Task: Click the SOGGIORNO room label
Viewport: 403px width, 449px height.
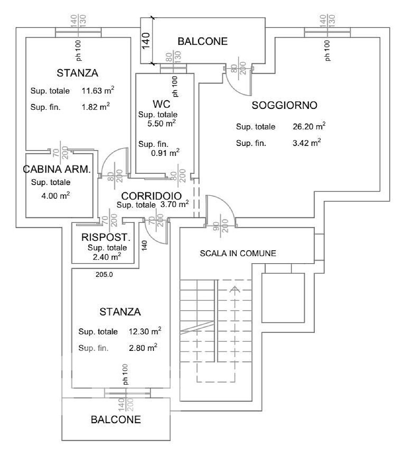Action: pos(284,105)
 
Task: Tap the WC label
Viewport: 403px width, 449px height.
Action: pos(161,104)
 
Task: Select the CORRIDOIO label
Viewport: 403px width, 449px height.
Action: pos(151,196)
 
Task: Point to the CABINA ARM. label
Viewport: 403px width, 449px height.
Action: pos(57,169)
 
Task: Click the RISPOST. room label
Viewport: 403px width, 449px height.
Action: pos(106,237)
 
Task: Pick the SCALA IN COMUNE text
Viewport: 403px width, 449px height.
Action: pos(238,253)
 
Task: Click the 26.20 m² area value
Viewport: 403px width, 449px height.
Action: pos(309,126)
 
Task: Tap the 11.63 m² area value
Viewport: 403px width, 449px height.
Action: pos(98,91)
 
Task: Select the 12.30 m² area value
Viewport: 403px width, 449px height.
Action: pos(145,331)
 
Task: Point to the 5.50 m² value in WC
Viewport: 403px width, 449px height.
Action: pos(161,123)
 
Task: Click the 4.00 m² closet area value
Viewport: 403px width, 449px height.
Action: pos(56,195)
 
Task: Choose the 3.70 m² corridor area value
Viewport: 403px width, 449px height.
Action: pos(174,204)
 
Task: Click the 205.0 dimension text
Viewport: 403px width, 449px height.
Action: pos(104,274)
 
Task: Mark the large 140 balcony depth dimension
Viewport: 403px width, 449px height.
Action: pos(146,41)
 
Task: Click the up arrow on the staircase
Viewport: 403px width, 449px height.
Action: pos(235,290)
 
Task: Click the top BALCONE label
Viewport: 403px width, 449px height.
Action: pos(203,41)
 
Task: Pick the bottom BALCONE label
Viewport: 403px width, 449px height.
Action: pos(116,419)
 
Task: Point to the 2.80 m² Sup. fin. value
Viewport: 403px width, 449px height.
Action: pos(143,348)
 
